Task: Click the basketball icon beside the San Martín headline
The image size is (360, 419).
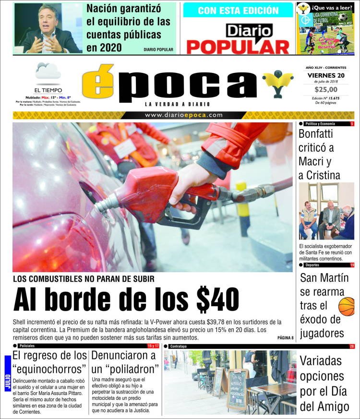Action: (x=347, y=306)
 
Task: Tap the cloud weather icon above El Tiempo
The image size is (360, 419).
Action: (x=48, y=72)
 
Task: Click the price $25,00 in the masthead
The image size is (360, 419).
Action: (x=326, y=89)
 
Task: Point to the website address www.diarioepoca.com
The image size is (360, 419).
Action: (x=184, y=115)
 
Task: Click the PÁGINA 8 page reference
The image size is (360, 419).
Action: (x=285, y=338)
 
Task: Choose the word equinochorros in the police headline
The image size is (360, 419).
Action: (x=50, y=369)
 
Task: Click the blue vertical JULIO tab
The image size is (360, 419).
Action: (x=7, y=373)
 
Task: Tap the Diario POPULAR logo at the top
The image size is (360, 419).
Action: (x=238, y=38)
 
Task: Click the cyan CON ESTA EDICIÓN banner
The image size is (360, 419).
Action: (x=238, y=10)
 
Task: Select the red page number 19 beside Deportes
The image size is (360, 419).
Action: (x=352, y=265)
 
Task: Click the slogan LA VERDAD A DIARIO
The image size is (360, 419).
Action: (x=178, y=104)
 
